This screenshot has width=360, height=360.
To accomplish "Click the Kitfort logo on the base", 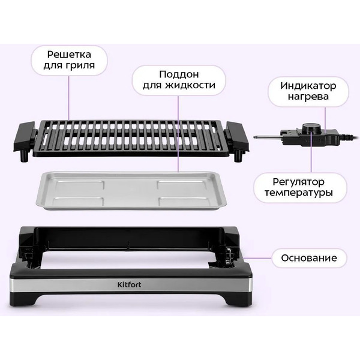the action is [x=129, y=284].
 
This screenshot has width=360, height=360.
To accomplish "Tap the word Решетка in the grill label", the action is [x=69, y=55].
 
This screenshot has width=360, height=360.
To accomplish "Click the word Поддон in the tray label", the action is [x=179, y=74].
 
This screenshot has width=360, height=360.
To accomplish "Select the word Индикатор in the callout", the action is [x=308, y=86].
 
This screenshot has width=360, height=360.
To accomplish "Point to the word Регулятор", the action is [x=298, y=182].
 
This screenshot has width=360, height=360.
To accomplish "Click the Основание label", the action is [x=309, y=258].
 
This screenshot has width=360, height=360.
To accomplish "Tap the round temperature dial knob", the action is [x=310, y=128].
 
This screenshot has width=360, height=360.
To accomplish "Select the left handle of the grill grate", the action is [x=25, y=136].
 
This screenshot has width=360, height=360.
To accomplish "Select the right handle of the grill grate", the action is [x=237, y=136].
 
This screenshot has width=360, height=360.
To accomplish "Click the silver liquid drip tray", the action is [x=131, y=191].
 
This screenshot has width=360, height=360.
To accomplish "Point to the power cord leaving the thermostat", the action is [x=350, y=137].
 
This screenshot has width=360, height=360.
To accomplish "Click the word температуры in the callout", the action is [x=298, y=193].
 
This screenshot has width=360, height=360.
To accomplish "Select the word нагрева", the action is [x=308, y=97].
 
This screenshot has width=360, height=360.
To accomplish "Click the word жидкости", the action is [x=190, y=85].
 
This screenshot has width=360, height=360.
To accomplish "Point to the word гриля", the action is [x=80, y=65].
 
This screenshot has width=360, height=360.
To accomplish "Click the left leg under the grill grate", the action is [x=24, y=156].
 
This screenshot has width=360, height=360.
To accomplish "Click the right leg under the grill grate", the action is [x=238, y=156].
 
